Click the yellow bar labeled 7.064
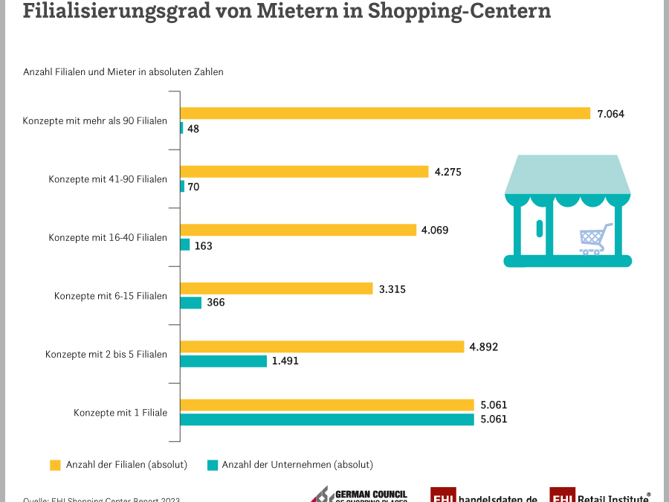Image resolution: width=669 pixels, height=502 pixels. (x=385, y=113)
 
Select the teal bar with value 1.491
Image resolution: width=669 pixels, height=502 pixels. (x=224, y=361)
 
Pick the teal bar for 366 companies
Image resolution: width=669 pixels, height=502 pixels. (x=191, y=303)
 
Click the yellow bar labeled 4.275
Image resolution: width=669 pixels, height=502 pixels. (x=305, y=172)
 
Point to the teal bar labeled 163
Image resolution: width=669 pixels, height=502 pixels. (x=185, y=245)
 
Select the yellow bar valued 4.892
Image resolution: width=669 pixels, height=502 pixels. (x=322, y=347)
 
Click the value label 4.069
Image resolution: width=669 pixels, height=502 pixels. (x=435, y=231)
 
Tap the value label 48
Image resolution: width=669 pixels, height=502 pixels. (x=193, y=129)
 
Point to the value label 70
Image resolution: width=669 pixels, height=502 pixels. (x=193, y=187)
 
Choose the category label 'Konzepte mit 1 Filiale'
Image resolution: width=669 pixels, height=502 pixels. (x=120, y=412)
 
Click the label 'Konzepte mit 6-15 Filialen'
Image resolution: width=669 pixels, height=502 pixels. (x=111, y=296)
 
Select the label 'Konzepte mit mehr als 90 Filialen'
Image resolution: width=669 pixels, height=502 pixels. (x=95, y=120)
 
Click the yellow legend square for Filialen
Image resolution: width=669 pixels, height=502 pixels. (x=55, y=465)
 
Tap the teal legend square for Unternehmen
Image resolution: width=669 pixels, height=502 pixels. (x=212, y=465)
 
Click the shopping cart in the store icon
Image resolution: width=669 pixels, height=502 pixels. (x=595, y=239)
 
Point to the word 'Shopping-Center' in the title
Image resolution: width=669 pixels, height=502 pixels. (x=459, y=12)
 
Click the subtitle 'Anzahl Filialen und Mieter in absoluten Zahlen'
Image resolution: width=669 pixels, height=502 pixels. (x=123, y=72)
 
